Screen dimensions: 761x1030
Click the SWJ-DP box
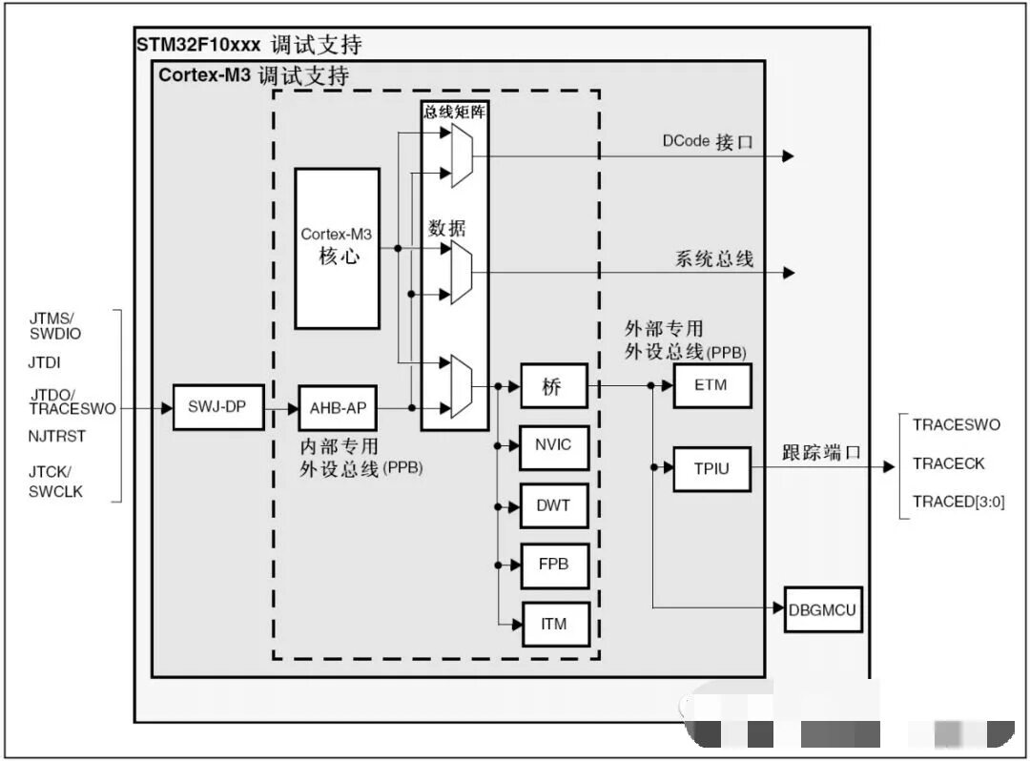click(218, 407)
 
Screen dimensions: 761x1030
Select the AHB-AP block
click(339, 408)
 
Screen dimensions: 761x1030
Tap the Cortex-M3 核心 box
click(337, 248)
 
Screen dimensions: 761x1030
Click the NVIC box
click(554, 445)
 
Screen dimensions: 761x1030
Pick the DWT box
click(554, 505)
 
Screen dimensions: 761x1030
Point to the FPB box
click(554, 565)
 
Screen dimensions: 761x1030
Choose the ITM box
click(554, 625)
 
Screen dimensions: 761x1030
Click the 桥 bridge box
click(554, 386)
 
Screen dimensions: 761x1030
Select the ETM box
click(711, 386)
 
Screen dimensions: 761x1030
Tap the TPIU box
click(711, 468)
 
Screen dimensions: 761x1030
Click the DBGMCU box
click(823, 609)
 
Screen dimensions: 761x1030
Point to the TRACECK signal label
click(948, 463)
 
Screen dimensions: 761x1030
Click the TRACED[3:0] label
click(958, 502)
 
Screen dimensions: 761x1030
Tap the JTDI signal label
click(46, 362)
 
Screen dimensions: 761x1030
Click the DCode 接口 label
click(708, 142)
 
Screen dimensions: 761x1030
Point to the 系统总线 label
click(714, 258)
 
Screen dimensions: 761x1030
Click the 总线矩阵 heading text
click(454, 111)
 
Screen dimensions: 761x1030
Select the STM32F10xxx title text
click(198, 45)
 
